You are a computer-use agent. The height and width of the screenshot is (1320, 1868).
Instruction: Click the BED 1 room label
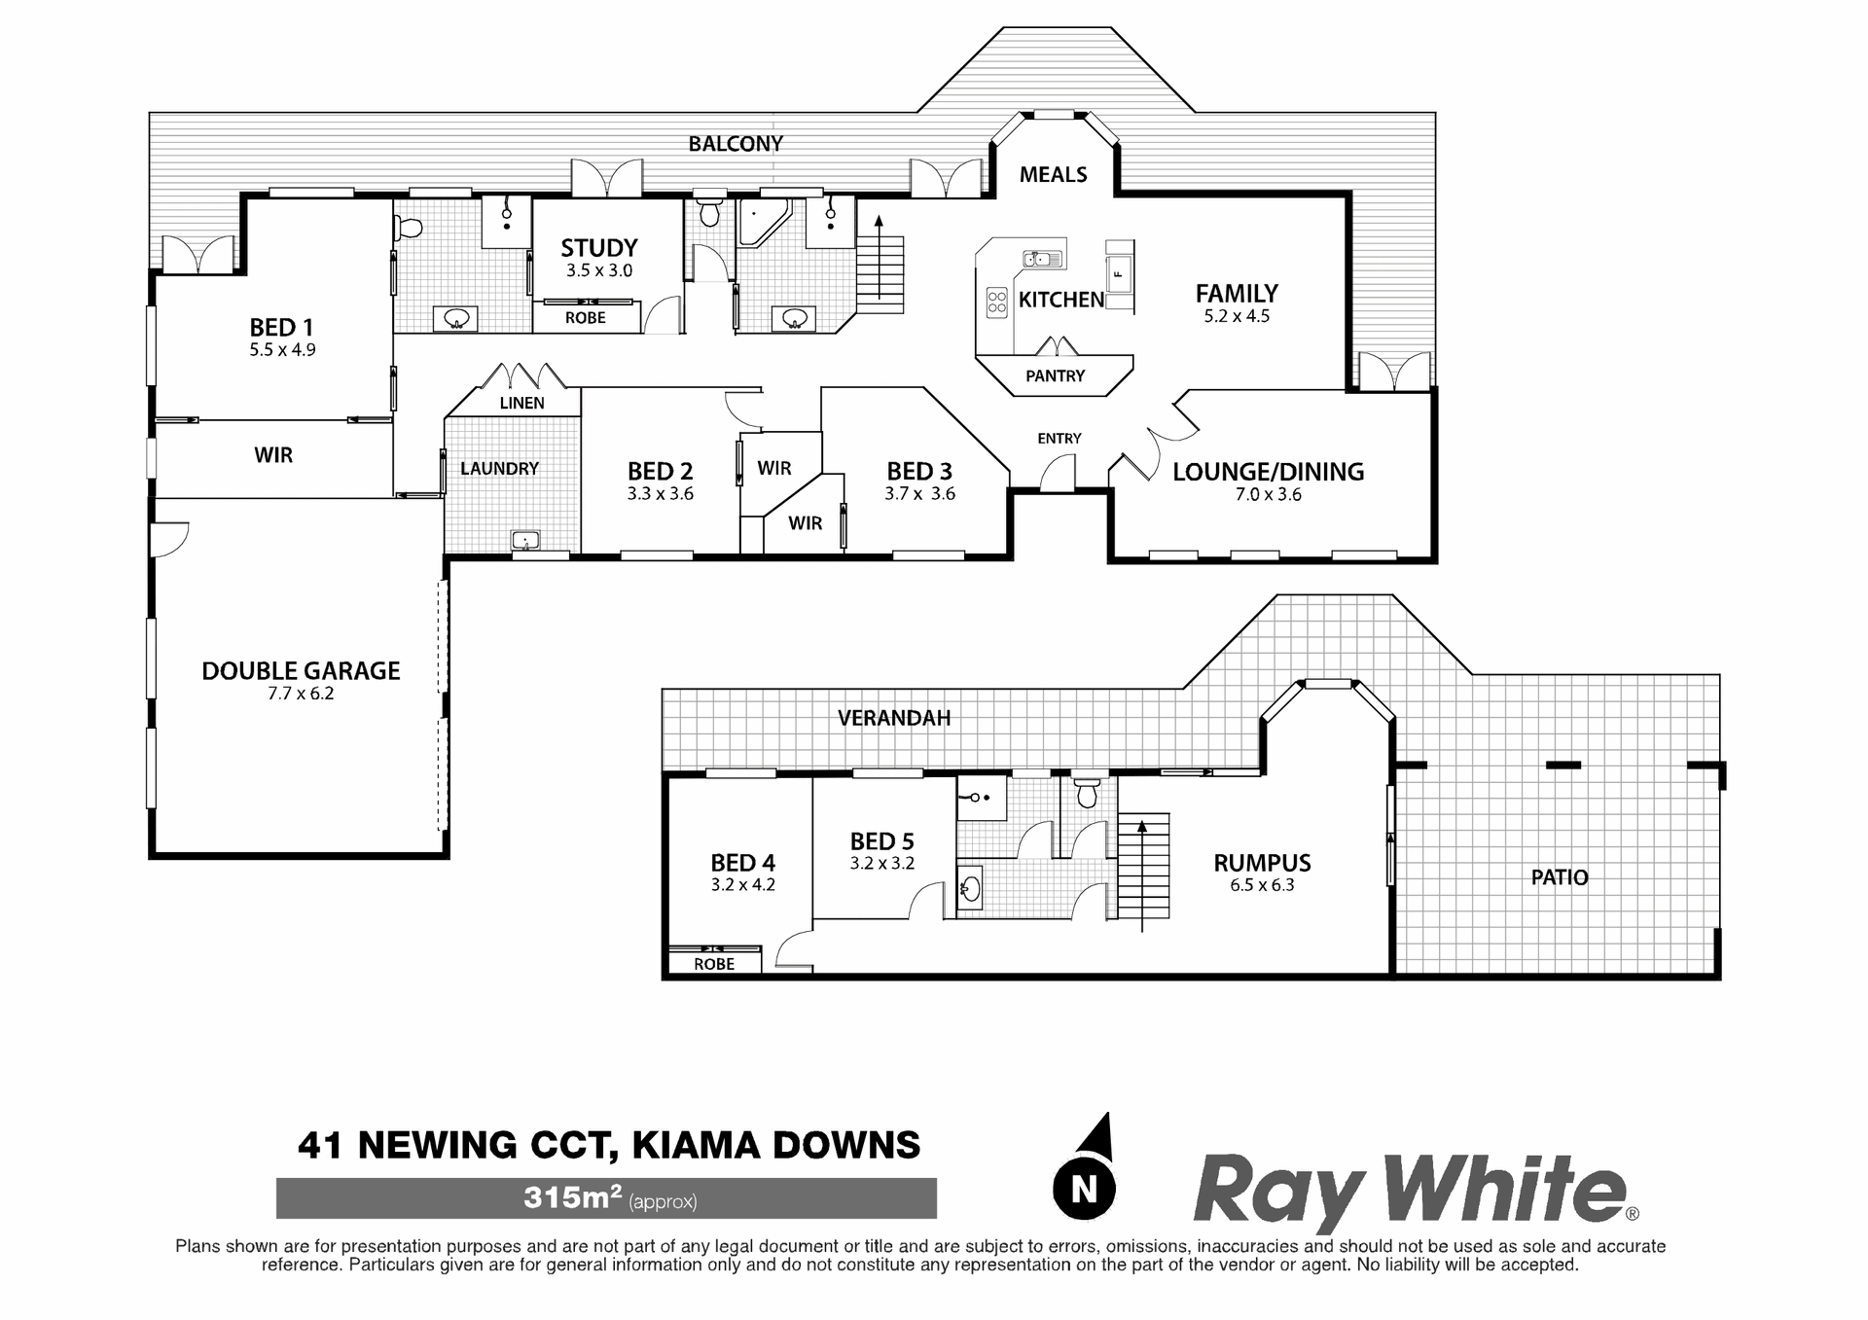281,327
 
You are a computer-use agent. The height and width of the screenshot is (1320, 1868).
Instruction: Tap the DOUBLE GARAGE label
301,670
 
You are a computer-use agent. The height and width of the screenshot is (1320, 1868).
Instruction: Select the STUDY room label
599,248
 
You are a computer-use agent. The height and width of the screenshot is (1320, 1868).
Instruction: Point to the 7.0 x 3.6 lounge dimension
1269,494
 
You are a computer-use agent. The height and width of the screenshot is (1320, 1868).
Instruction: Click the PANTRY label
1055,375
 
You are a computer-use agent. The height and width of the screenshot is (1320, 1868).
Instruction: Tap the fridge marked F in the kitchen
1119,275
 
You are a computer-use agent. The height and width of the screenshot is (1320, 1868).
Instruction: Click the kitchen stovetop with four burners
997,303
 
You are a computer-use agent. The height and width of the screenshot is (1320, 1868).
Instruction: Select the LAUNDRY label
499,469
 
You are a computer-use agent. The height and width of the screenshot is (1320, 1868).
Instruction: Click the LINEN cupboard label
522,403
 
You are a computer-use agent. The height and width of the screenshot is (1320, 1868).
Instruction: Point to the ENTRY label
1060,439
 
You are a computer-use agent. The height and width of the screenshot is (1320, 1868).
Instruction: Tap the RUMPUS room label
1262,863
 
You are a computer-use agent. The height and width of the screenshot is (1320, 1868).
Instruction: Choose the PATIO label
1560,877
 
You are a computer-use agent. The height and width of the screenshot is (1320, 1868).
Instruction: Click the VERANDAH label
894,718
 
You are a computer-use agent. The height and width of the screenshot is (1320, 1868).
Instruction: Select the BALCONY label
736,144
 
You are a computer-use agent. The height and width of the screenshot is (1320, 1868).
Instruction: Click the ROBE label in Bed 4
714,964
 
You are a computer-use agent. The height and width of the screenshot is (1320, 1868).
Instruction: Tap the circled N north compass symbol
1084,1187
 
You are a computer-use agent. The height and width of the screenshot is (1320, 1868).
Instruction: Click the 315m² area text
572,1197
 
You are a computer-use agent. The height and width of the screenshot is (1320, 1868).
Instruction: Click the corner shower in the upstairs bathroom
764,223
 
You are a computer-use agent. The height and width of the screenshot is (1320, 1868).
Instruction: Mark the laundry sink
525,540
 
